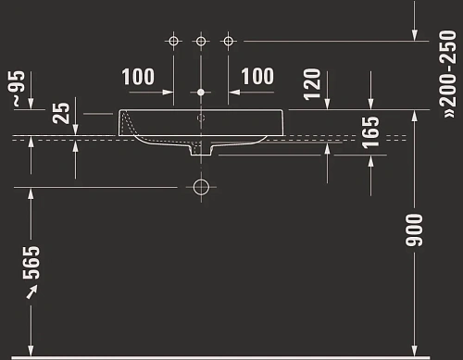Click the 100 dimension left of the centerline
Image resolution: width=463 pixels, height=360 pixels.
click(x=138, y=76)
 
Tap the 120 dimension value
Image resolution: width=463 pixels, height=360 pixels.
click(x=311, y=85)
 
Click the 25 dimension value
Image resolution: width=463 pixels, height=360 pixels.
click(x=61, y=113)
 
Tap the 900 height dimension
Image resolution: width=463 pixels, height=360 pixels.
click(x=414, y=230)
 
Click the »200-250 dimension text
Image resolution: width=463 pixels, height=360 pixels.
click(x=448, y=68)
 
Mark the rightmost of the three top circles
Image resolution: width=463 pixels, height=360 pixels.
click(x=229, y=41)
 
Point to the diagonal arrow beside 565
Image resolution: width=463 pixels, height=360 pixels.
click(x=32, y=292)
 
